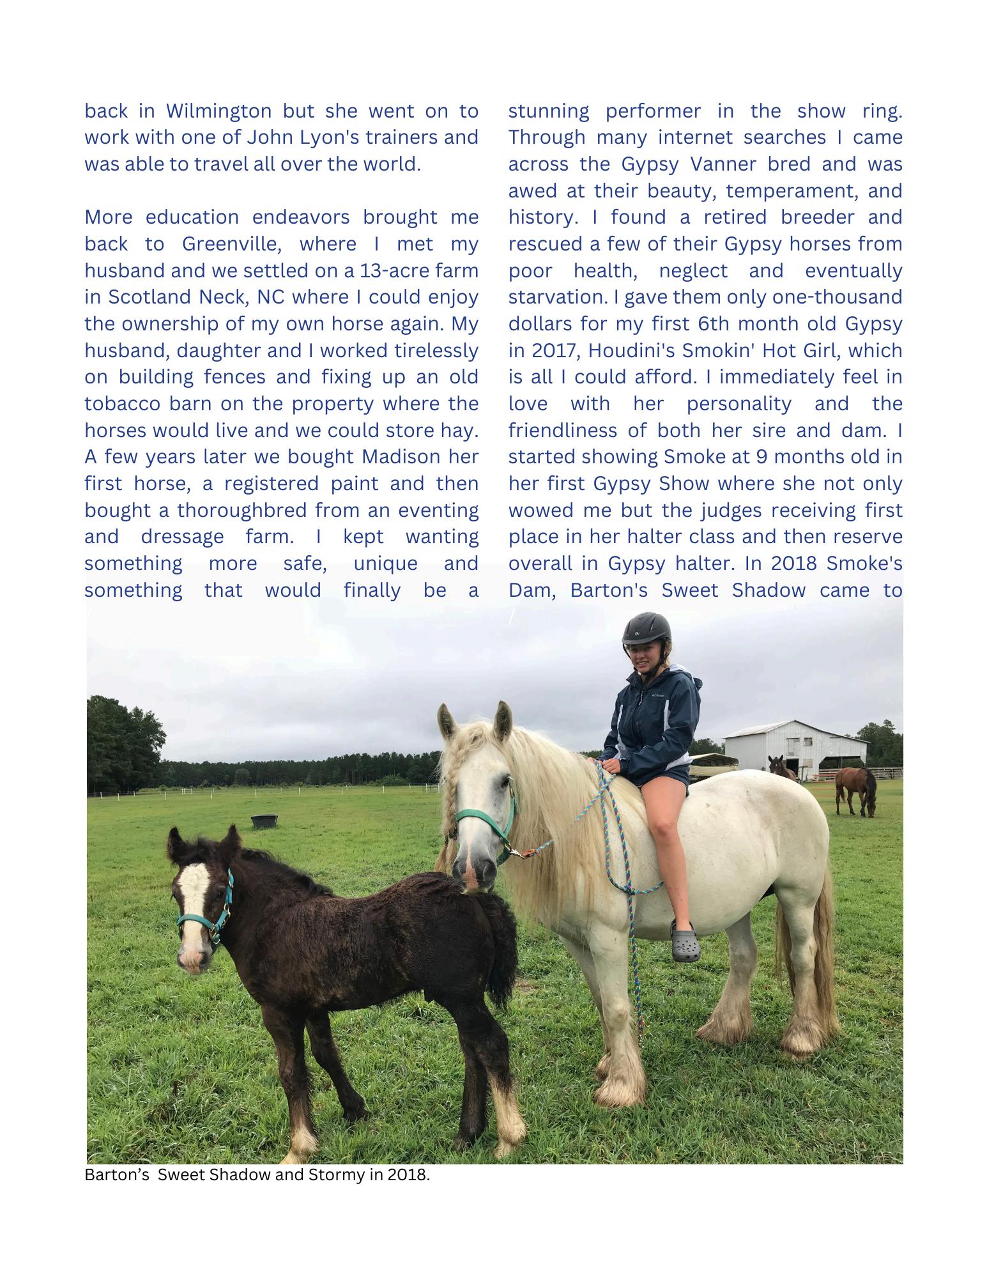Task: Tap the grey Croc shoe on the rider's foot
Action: click(x=685, y=940)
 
